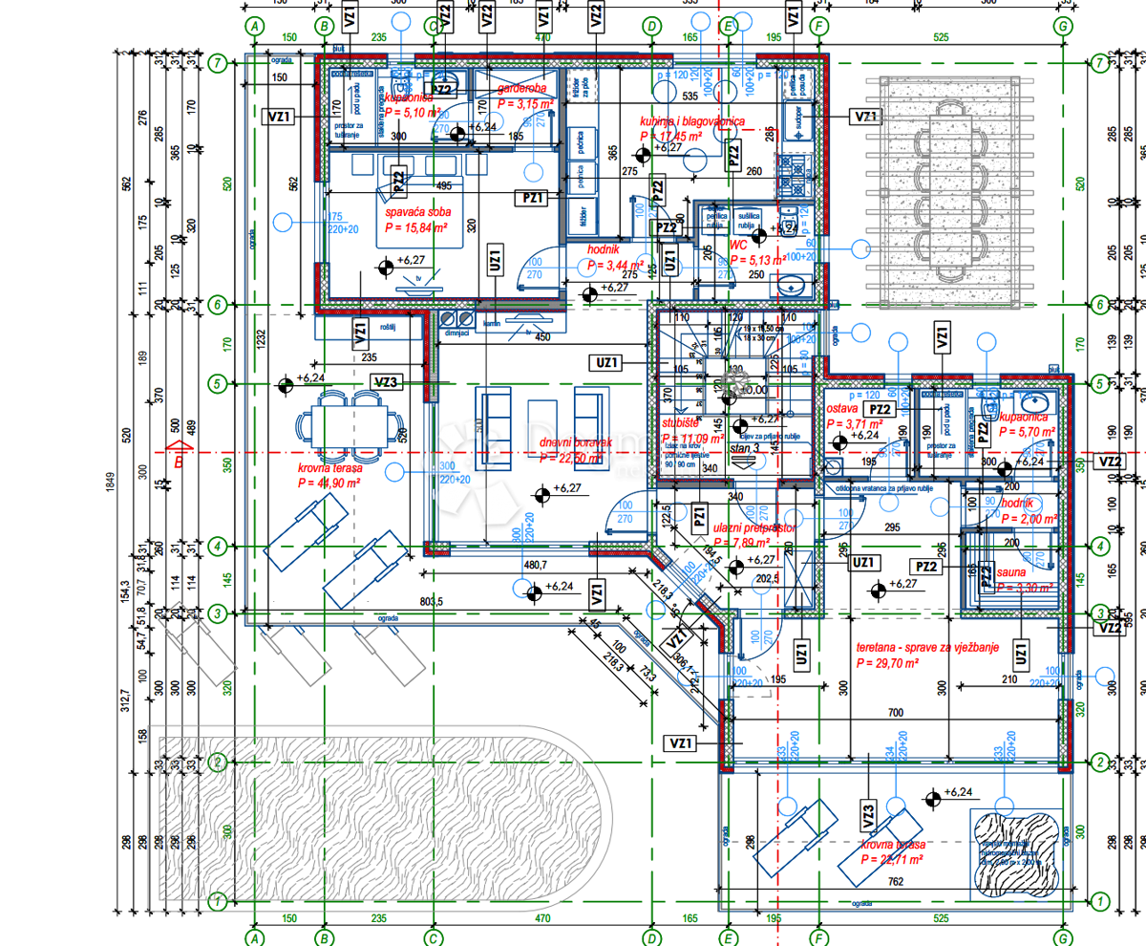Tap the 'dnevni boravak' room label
point(573,442)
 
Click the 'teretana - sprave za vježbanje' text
point(927,647)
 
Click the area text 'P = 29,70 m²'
point(887,662)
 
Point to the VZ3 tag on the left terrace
point(385,383)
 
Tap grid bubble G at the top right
point(1062,27)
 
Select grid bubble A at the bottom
point(254,937)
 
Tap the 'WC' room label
point(738,246)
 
